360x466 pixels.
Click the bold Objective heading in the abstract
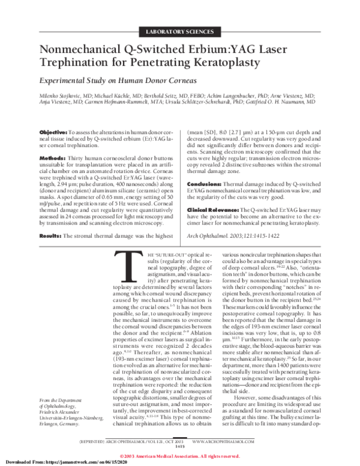coord(53,132)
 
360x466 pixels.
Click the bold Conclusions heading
coord(208,184)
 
